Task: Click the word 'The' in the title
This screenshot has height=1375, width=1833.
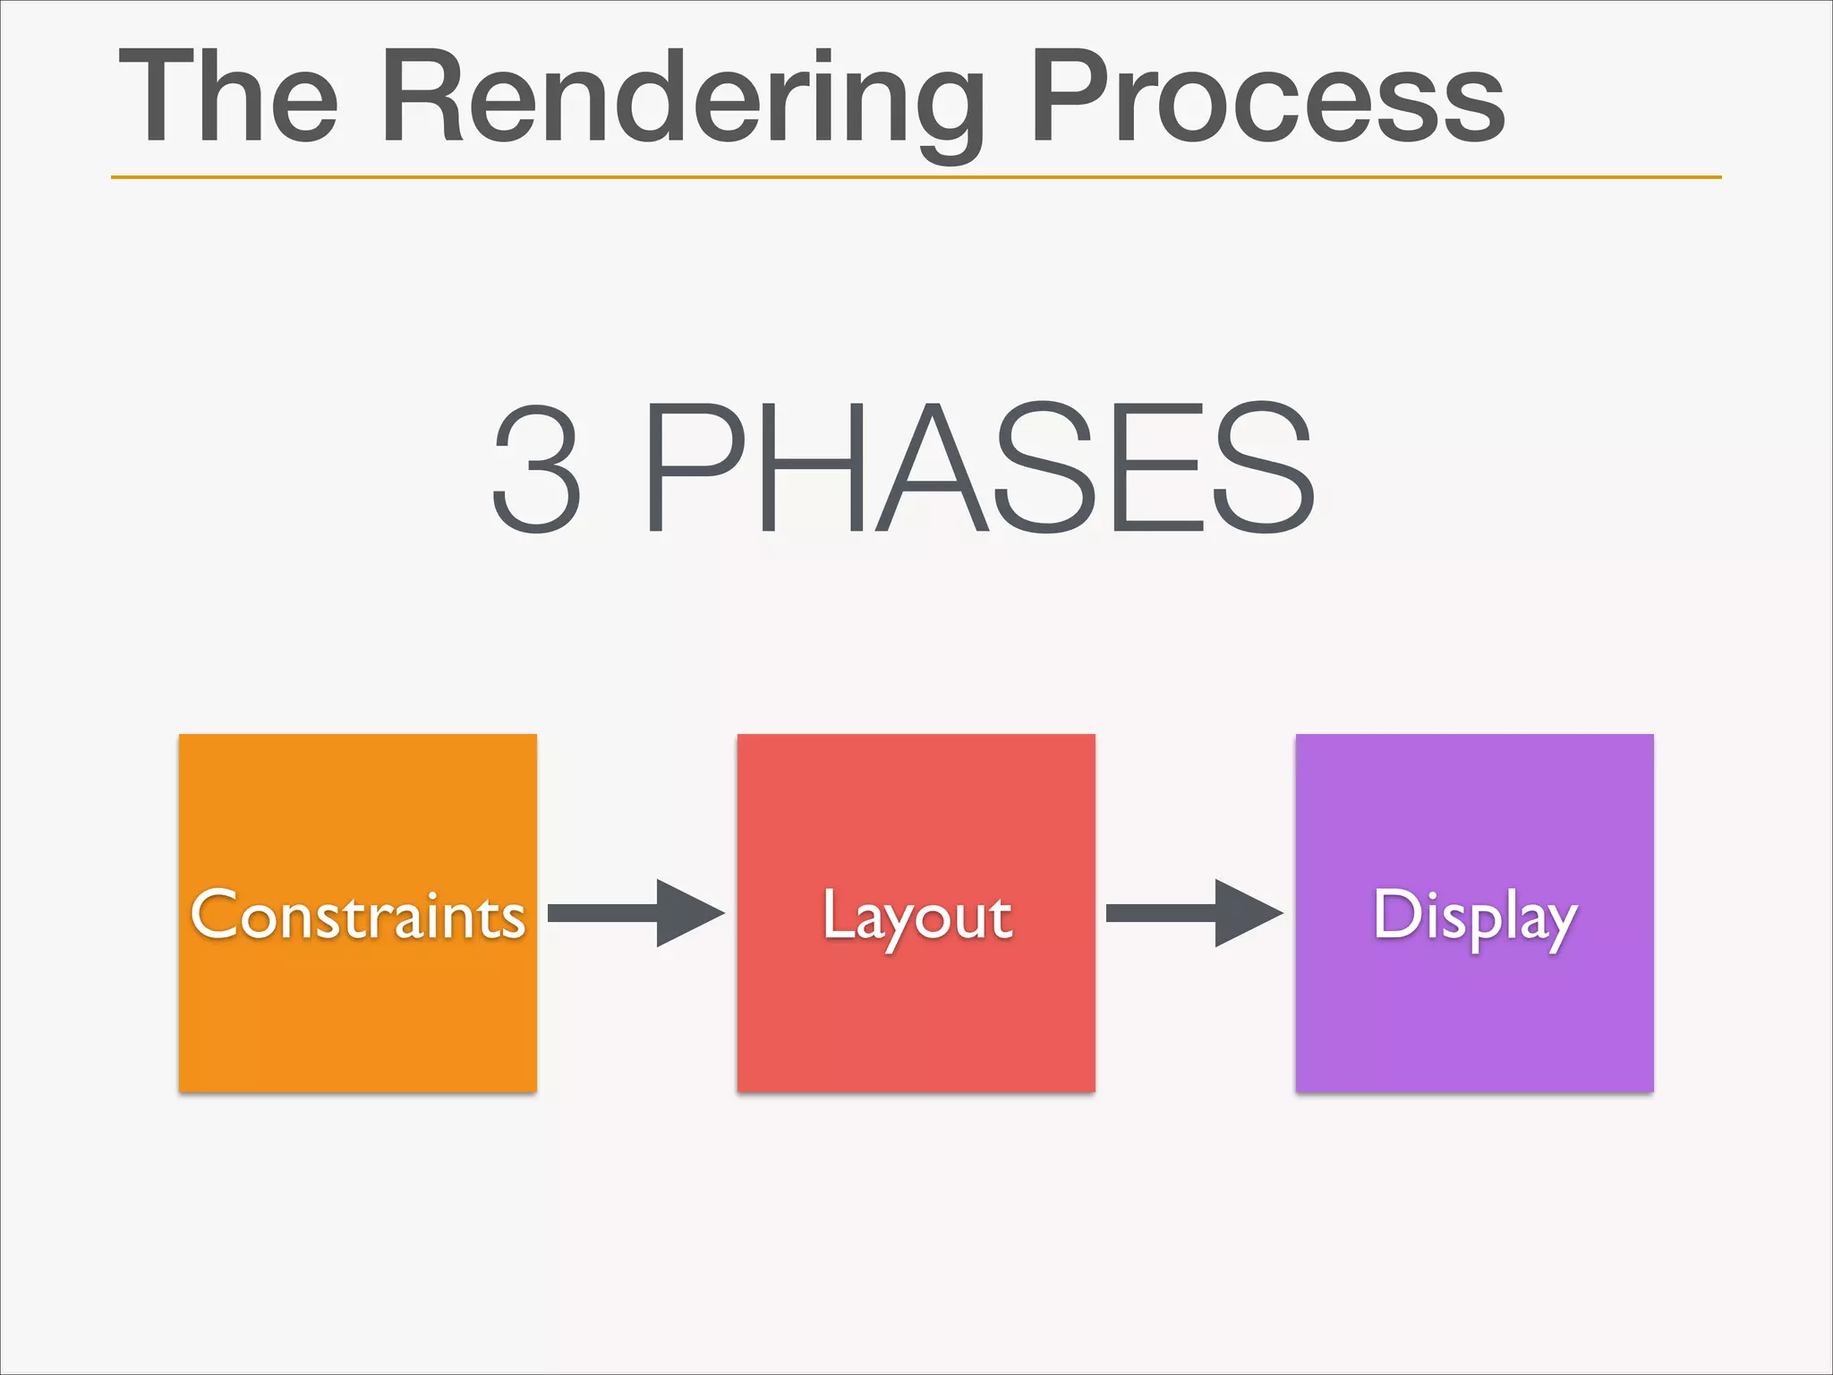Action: click(229, 97)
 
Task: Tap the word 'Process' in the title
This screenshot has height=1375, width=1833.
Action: click(1267, 97)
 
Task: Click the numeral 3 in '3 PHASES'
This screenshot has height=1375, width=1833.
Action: click(537, 469)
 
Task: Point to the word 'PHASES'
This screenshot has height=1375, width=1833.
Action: click(979, 469)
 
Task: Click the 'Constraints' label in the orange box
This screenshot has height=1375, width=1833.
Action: click(358, 915)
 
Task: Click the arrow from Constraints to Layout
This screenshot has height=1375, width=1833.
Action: click(635, 913)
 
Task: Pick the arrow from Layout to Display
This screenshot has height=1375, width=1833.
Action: click(1194, 913)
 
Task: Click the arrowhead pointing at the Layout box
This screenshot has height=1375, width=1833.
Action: click(687, 913)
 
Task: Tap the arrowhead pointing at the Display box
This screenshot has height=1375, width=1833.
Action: click(1246, 913)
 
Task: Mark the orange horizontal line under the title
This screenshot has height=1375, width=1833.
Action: click(916, 177)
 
